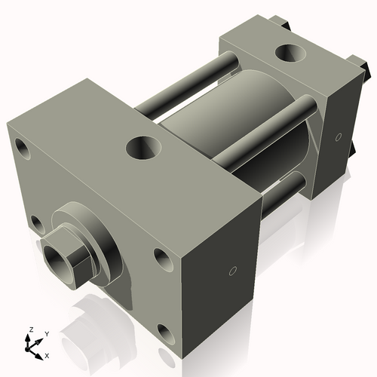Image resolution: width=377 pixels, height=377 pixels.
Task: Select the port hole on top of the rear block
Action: [290, 54]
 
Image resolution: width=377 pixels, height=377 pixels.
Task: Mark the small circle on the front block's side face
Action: [233, 269]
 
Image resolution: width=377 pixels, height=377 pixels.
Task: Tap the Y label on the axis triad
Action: [47, 333]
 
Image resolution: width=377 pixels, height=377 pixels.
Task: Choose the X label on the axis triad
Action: [48, 354]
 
